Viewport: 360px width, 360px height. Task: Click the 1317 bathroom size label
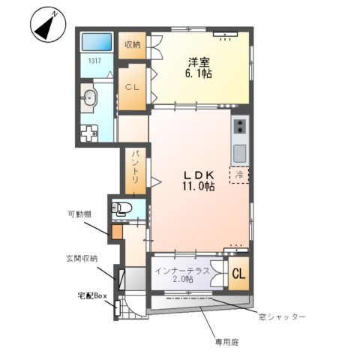coord(95,61)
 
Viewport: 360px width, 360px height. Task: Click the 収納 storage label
coord(132,43)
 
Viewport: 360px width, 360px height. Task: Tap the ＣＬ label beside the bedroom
coord(132,88)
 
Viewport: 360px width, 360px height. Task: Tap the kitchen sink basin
coord(241,153)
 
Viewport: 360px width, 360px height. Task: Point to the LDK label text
coord(199,175)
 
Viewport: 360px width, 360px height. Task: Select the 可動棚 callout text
coord(77,214)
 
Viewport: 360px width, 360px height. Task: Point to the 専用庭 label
coord(226,341)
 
